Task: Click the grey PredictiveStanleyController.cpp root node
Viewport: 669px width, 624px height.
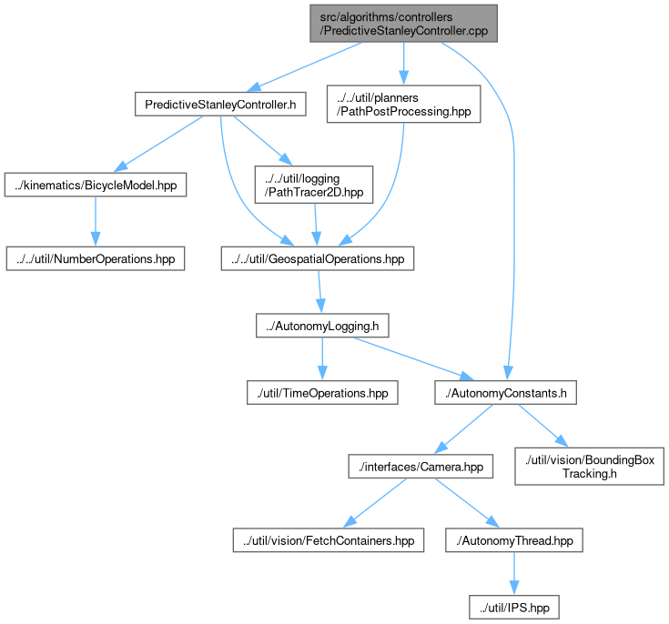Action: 403,24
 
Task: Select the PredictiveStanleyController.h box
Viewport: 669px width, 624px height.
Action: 220,104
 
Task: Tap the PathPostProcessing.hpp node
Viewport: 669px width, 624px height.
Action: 403,104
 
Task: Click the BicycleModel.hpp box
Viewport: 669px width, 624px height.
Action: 96,185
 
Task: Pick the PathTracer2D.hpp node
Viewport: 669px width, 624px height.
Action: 314,185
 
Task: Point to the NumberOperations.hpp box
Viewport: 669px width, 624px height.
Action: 96,258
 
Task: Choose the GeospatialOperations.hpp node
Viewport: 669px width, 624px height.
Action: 318,258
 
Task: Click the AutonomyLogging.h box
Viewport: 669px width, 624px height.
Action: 322,326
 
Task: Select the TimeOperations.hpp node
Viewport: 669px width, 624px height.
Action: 322,393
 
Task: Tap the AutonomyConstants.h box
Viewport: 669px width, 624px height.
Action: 505,393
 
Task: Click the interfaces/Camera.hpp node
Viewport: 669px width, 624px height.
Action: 421,467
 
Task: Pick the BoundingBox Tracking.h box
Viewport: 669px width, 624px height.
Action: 589,467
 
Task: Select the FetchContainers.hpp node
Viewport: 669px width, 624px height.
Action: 328,540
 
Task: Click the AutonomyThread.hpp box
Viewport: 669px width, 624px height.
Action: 514,540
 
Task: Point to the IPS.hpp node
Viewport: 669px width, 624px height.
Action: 514,608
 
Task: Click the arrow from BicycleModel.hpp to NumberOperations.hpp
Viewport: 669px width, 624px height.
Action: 96,221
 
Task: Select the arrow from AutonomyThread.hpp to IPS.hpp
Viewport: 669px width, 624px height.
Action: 514,574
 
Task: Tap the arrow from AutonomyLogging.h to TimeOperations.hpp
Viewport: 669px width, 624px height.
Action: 322,359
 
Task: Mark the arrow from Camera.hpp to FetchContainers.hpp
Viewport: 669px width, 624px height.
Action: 375,503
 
